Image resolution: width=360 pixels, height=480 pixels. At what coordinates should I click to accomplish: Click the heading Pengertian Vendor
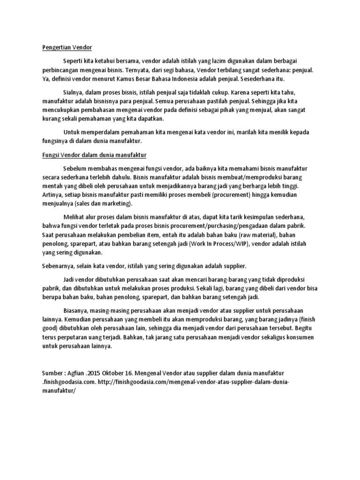coord(65,47)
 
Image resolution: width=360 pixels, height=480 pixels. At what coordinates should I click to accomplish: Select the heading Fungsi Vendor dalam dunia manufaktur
coord(94,154)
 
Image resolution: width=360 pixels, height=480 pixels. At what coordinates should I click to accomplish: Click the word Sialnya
coord(74,93)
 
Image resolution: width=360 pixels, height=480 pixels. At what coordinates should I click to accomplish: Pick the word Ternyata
coord(131,70)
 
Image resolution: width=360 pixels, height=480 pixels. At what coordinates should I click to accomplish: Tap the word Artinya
coord(52,195)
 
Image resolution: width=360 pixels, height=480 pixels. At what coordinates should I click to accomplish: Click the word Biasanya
coord(76,310)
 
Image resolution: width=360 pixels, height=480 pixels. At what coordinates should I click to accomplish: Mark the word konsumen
coord(300,337)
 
